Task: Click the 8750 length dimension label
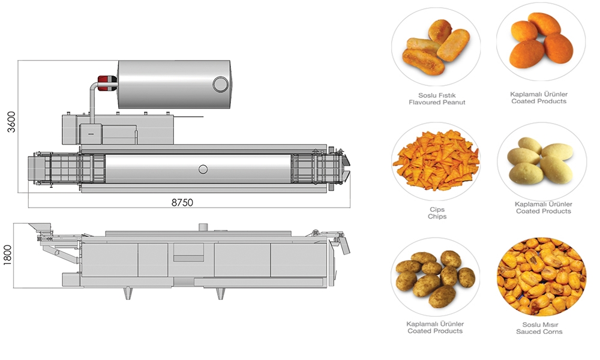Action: tap(182, 202)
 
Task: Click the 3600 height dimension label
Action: tap(11, 122)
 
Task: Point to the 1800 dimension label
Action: tap(8, 255)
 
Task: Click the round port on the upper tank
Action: tap(220, 84)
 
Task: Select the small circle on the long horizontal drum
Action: tap(203, 169)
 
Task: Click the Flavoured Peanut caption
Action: tap(437, 102)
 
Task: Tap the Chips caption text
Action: tap(437, 216)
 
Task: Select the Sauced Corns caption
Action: tap(539, 331)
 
